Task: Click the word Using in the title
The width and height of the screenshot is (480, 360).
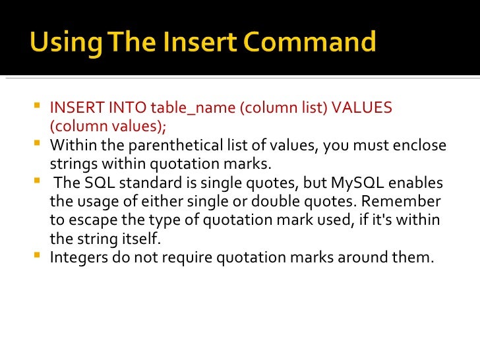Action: tap(62, 44)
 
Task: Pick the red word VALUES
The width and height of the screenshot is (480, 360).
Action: tap(363, 107)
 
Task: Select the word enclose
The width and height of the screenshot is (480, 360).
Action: tap(420, 145)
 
